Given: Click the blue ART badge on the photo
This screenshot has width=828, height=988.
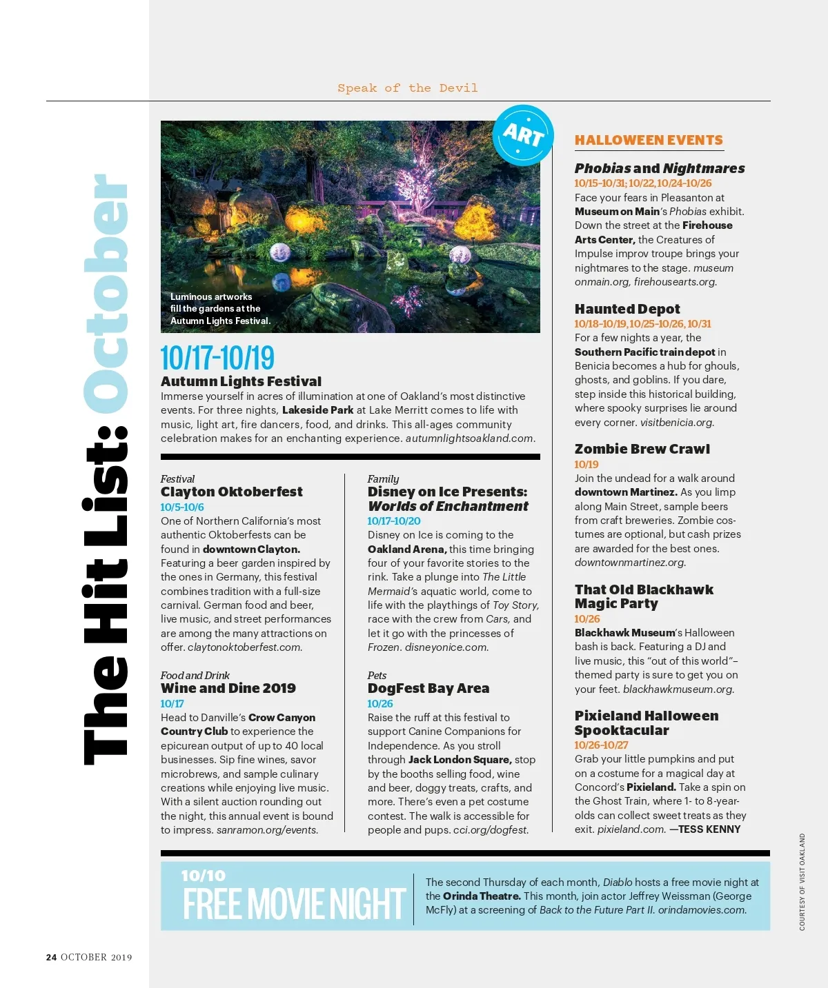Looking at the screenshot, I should pyautogui.click(x=523, y=135).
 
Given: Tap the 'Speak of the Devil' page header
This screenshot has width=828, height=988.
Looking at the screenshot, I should pyautogui.click(x=407, y=88).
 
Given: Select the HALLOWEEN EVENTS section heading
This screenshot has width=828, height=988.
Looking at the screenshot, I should pyautogui.click(x=649, y=140).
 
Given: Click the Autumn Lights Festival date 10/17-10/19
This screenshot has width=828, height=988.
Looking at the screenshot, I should pyautogui.click(x=217, y=359).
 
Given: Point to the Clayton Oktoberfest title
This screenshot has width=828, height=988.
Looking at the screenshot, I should pyautogui.click(x=232, y=492).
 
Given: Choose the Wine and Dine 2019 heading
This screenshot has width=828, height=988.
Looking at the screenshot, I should pyautogui.click(x=228, y=688).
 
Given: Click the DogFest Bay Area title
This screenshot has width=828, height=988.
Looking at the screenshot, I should pyautogui.click(x=428, y=688).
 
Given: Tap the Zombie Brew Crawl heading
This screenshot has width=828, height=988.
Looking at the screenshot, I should pyautogui.click(x=642, y=449).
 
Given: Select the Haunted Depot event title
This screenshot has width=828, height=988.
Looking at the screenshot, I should pyautogui.click(x=627, y=309).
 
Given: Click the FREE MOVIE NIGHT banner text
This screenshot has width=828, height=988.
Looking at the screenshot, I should pyautogui.click(x=294, y=905).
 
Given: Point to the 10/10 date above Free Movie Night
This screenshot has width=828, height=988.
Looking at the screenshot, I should pyautogui.click(x=203, y=876).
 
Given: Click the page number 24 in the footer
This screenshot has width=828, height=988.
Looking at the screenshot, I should pyautogui.click(x=52, y=957).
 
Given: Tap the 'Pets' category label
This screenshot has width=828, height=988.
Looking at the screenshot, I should pyautogui.click(x=377, y=675).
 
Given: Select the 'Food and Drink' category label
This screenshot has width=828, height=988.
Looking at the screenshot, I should pyautogui.click(x=195, y=675).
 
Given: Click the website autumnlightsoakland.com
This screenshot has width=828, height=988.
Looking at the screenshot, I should pyautogui.click(x=469, y=438).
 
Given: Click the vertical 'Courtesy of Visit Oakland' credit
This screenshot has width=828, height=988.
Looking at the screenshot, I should pyautogui.click(x=802, y=882).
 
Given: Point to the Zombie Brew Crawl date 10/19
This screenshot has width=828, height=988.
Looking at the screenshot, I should pyautogui.click(x=586, y=465).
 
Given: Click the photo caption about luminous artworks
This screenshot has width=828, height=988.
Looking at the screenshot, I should pyautogui.click(x=220, y=309).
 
